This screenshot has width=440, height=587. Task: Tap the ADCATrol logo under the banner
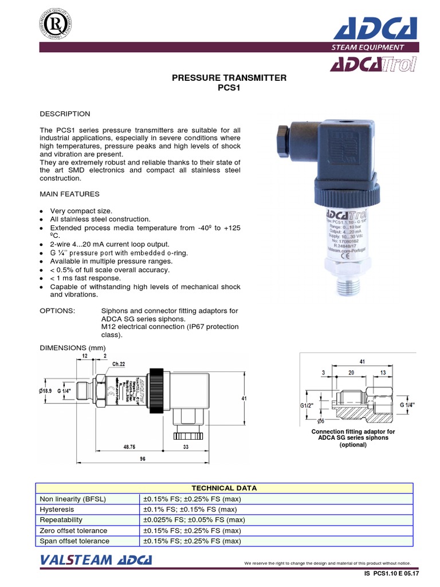click(370, 65)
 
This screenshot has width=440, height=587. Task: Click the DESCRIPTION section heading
click(65, 114)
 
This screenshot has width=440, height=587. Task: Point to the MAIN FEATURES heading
click(69, 194)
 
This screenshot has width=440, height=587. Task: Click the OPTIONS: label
click(57, 311)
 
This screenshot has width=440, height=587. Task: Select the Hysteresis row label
click(57, 509)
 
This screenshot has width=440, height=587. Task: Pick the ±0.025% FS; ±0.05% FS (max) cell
click(194, 519)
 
